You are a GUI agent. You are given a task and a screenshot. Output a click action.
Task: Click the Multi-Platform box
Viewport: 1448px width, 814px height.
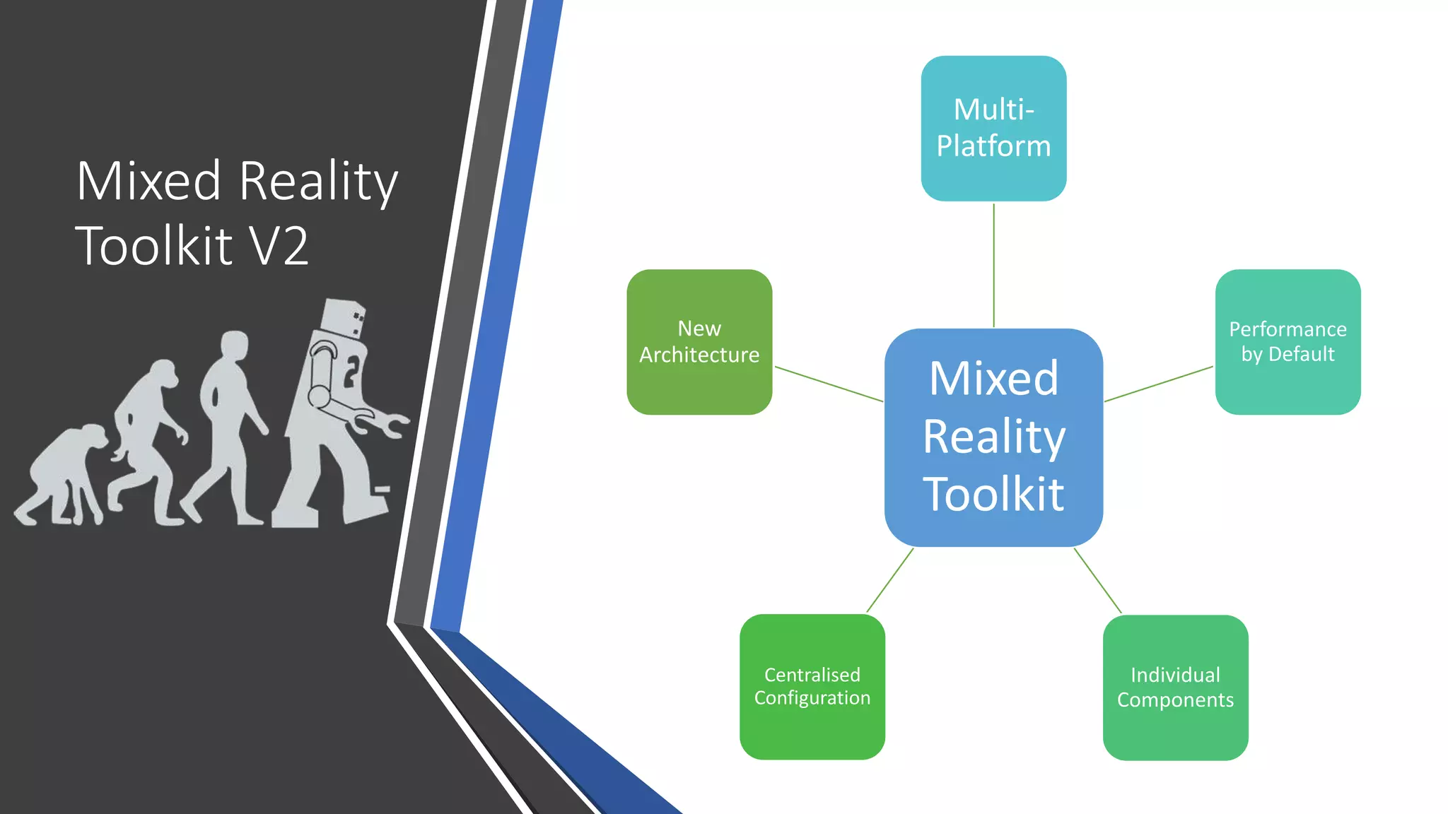pyautogui.click(x=993, y=128)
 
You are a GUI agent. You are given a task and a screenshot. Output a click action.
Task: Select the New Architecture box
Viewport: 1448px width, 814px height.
pyautogui.click(x=699, y=341)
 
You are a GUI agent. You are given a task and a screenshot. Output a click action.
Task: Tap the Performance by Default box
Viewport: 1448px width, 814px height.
pyautogui.click(x=1288, y=341)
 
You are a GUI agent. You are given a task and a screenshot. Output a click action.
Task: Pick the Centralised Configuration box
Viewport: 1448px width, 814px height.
pyautogui.click(x=812, y=686)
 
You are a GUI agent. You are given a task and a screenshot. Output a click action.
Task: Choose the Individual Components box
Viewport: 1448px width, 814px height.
pyautogui.click(x=1175, y=687)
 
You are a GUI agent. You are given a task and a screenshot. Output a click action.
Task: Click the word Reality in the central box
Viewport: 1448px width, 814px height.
pyautogui.click(x=993, y=437)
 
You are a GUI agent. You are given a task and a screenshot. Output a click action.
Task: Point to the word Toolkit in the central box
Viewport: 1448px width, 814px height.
pyautogui.click(x=993, y=494)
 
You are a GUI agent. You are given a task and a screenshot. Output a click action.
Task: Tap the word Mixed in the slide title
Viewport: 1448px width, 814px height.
pyautogui.click(x=149, y=181)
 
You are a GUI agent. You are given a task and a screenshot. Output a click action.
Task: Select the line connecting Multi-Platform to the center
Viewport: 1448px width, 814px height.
pyautogui.click(x=993, y=265)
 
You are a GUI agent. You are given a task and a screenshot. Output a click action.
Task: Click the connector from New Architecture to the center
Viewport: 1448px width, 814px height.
pyautogui.click(x=829, y=384)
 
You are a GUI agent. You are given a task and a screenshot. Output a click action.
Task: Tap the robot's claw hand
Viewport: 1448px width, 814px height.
pyautogui.click(x=385, y=423)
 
